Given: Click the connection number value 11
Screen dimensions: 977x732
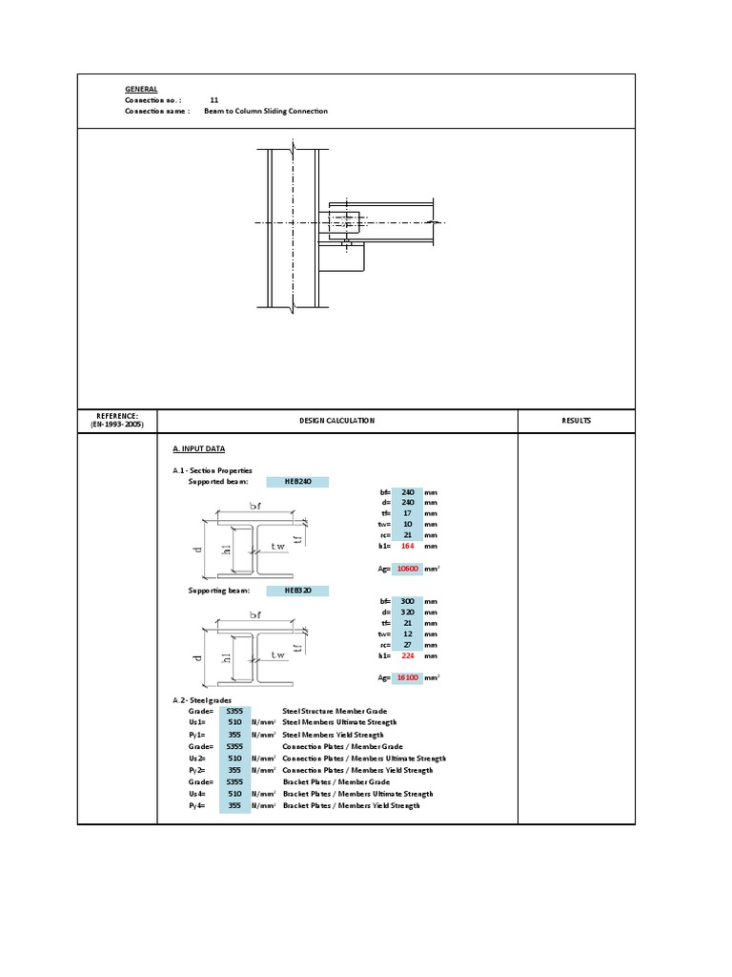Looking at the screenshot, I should tap(214, 99).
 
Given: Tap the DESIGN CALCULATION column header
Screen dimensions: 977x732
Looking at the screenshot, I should tap(336, 421).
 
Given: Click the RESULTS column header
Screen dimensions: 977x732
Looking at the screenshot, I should tap(576, 421).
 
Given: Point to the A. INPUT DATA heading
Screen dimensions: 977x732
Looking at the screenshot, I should tap(198, 448).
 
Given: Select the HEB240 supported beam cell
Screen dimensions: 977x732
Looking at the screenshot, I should tap(297, 482).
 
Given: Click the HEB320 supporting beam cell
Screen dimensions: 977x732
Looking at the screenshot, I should tap(297, 591).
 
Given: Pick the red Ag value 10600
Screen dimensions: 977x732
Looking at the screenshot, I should tap(407, 569).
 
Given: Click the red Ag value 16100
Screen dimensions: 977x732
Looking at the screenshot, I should tap(407, 677).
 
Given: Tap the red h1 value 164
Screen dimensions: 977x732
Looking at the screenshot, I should tap(407, 547).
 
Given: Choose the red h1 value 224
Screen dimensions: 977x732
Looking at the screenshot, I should tap(407, 655).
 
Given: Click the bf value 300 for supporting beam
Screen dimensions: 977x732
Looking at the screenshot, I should tap(407, 601).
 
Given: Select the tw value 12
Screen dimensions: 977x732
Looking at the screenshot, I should tap(407, 634).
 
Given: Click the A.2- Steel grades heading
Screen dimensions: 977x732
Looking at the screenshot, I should tap(203, 700).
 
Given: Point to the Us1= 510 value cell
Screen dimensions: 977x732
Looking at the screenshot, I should tap(234, 723).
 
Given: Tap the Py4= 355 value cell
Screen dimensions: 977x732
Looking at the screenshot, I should tap(234, 805).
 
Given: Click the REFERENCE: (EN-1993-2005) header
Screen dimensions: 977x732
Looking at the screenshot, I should tap(117, 421).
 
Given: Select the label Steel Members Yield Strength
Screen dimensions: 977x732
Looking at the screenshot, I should tap(333, 735).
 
